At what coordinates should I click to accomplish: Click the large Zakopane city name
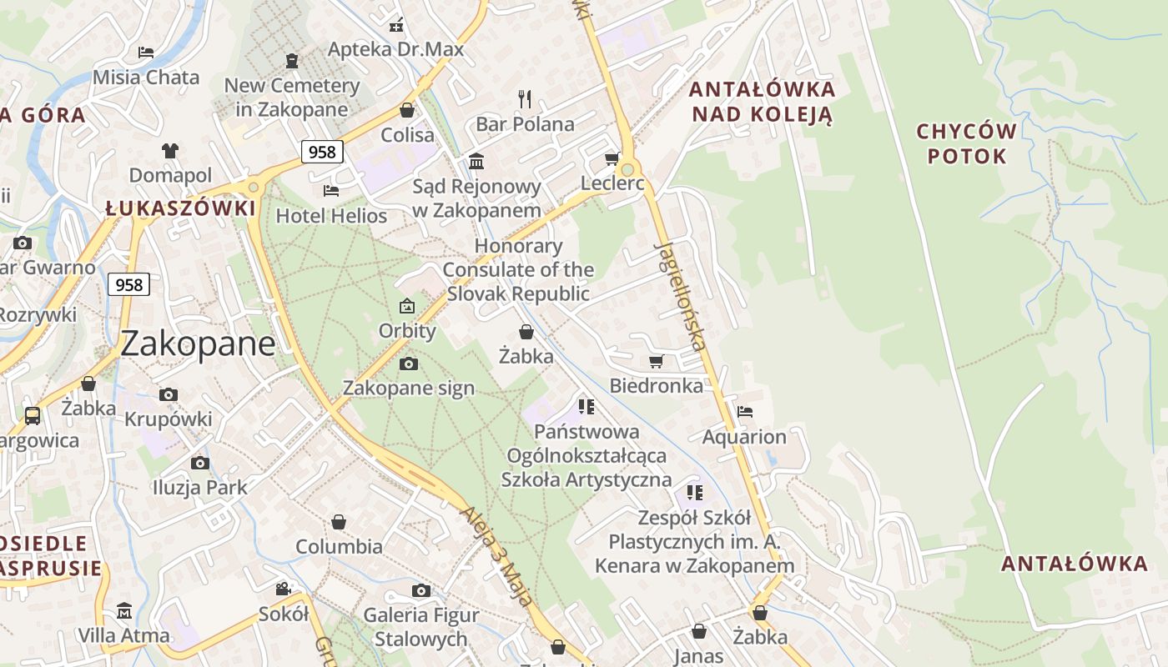click(198, 344)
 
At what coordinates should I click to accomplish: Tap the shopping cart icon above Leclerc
click(612, 159)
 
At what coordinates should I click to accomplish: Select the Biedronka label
click(656, 385)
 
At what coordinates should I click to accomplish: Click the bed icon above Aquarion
click(745, 412)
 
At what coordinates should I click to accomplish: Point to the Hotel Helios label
click(331, 216)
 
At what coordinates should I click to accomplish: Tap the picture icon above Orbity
click(407, 307)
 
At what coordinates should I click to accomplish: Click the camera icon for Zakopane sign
click(409, 364)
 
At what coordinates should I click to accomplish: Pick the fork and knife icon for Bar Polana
click(525, 99)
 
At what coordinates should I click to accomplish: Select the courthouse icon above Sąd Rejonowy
click(476, 161)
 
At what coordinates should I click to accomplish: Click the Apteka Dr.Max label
click(395, 49)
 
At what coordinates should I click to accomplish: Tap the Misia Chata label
click(146, 78)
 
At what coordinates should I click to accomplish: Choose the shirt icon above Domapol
click(170, 151)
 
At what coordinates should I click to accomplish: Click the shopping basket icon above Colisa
click(407, 110)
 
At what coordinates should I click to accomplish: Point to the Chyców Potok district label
click(967, 143)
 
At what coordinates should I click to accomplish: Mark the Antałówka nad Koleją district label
click(763, 102)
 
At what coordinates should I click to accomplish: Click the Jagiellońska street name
click(681, 295)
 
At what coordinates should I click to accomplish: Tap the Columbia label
click(339, 547)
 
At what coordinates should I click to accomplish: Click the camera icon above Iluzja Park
click(199, 464)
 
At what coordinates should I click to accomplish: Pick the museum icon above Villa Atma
click(124, 611)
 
